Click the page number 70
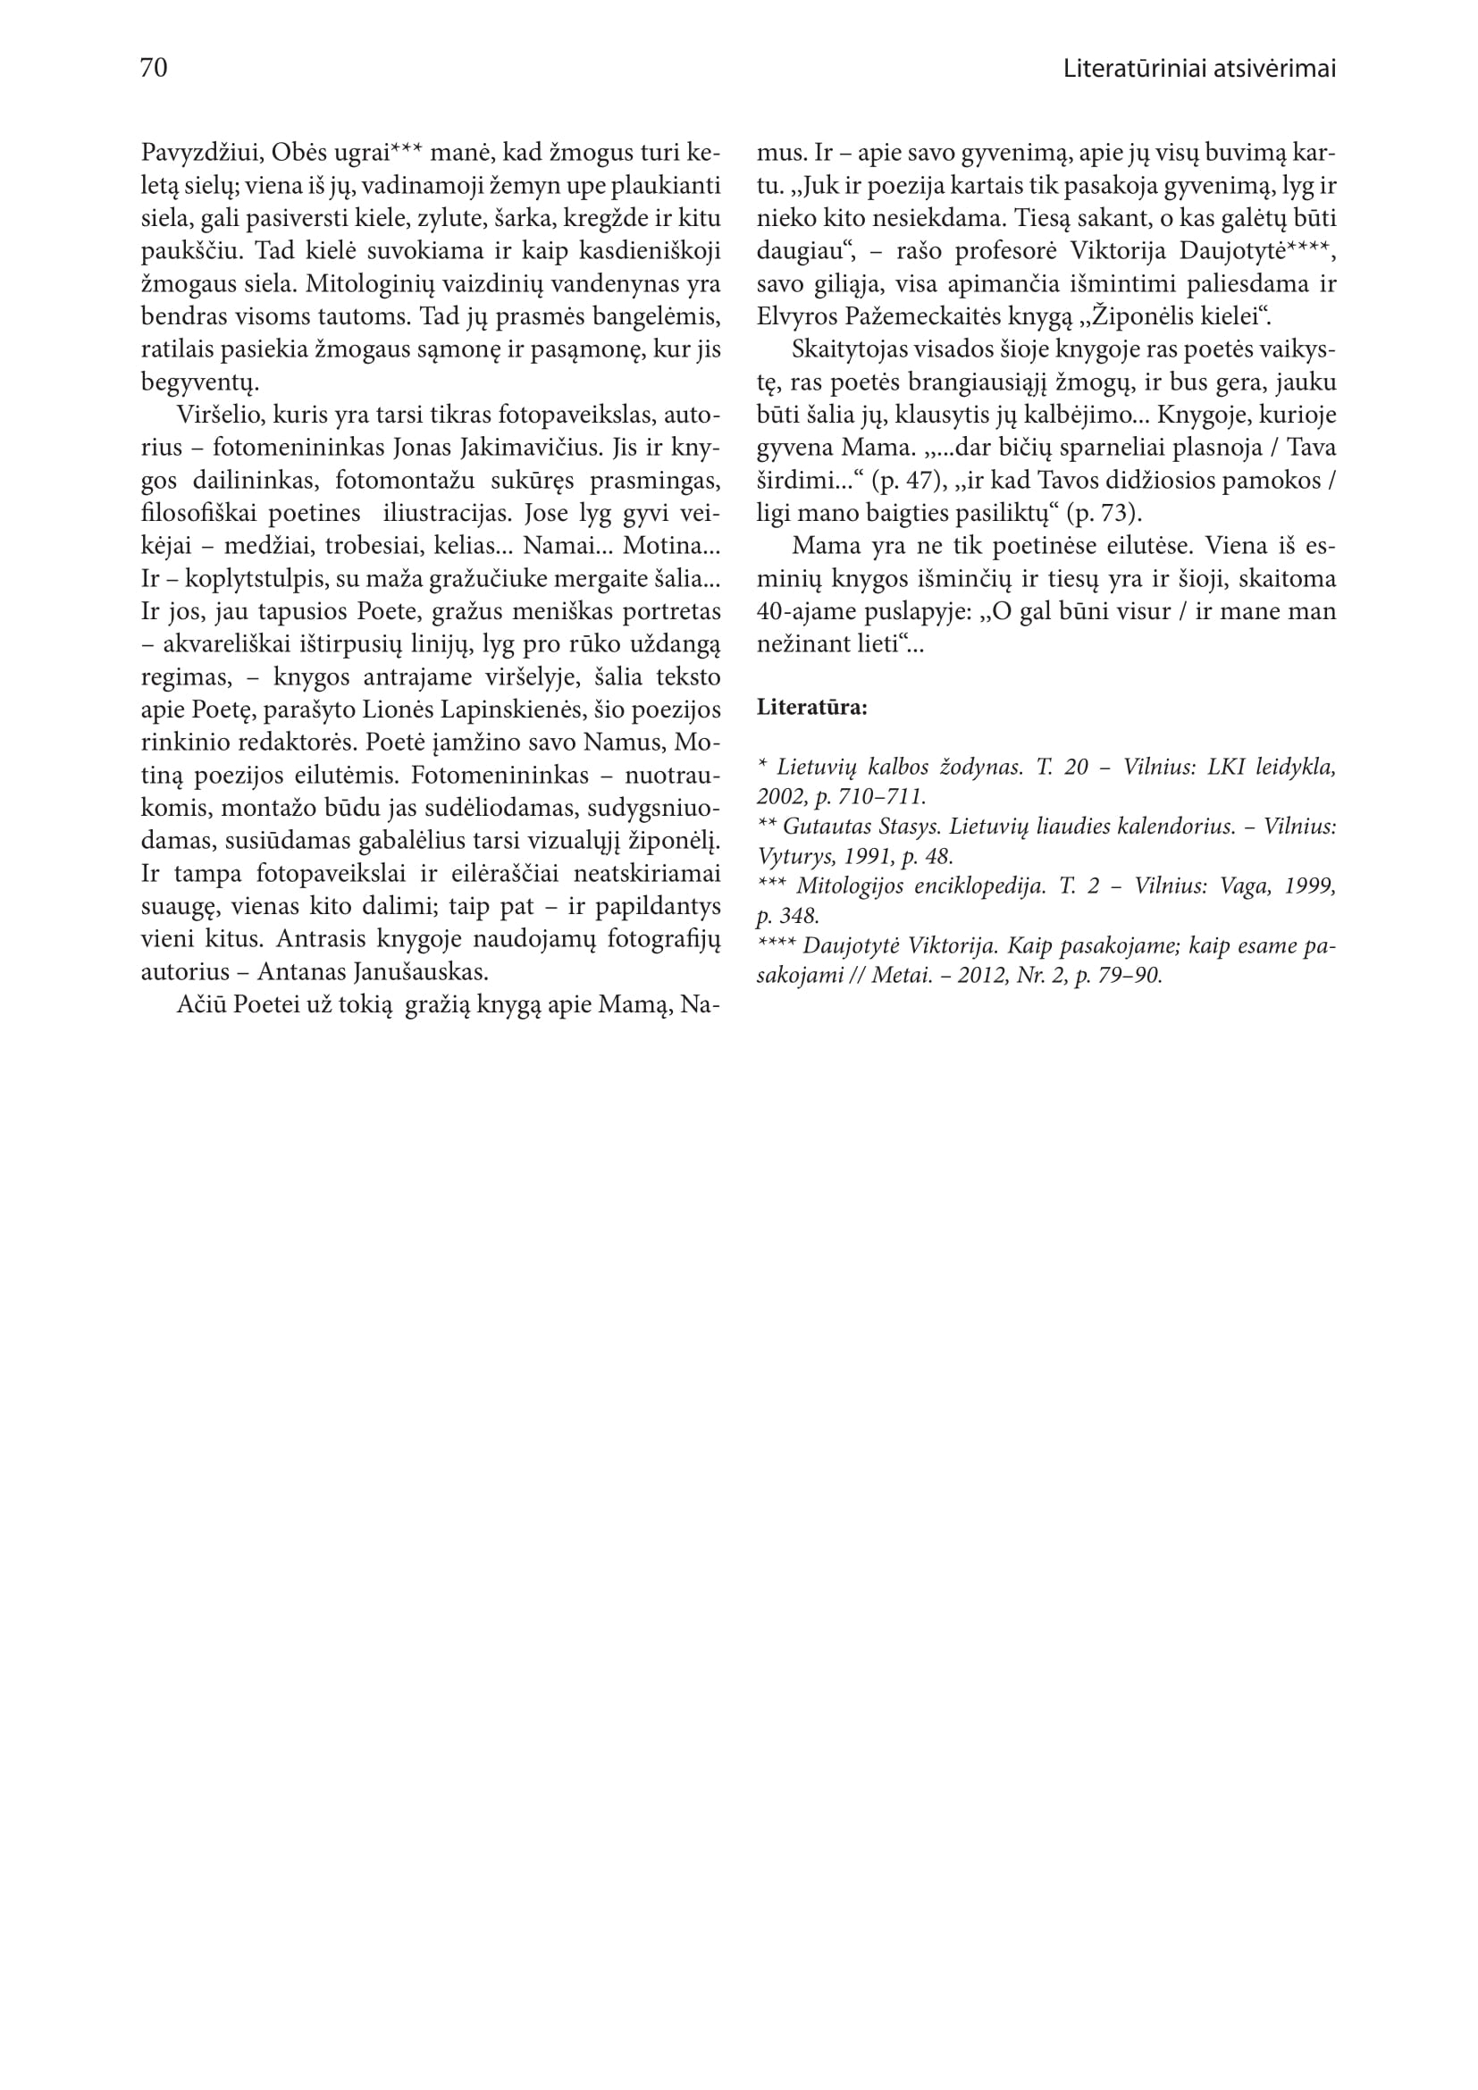[x=154, y=68]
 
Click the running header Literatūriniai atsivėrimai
[x=1198, y=69]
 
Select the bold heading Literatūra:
[x=811, y=708]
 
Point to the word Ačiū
[x=199, y=1005]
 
